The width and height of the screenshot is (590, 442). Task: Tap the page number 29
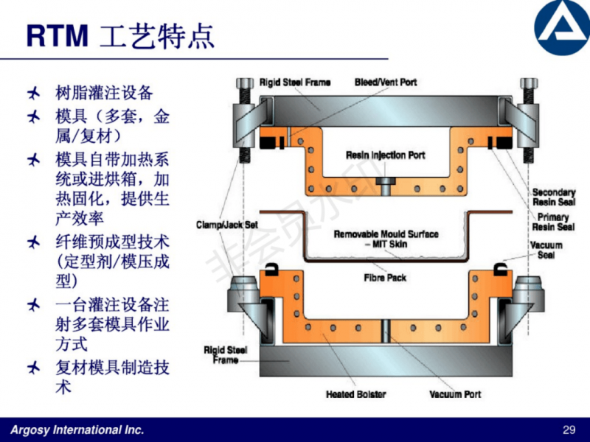click(568, 429)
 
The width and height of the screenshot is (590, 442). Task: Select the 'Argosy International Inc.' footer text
click(77, 429)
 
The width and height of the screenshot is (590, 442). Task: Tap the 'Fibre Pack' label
click(386, 278)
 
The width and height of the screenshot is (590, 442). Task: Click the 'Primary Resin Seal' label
click(553, 222)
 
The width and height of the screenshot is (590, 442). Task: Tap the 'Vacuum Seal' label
click(546, 250)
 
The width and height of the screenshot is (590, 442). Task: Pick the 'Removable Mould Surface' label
click(386, 234)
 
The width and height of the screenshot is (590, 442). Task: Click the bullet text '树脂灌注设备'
click(104, 94)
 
